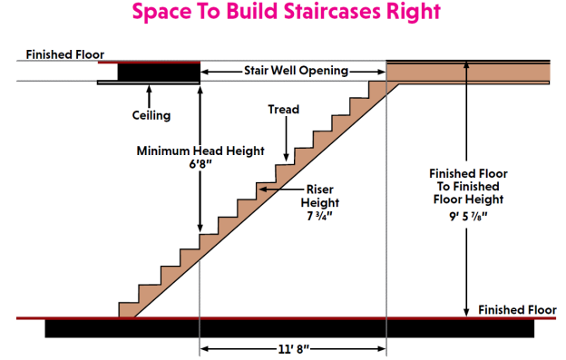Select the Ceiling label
(x=151, y=115)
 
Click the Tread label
(x=283, y=110)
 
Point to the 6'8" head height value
(x=200, y=166)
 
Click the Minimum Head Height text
(x=200, y=151)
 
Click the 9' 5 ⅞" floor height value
(x=466, y=218)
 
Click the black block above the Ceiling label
(x=149, y=71)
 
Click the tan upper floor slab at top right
(x=468, y=73)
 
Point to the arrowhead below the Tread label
(x=284, y=157)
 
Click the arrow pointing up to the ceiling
(x=150, y=93)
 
